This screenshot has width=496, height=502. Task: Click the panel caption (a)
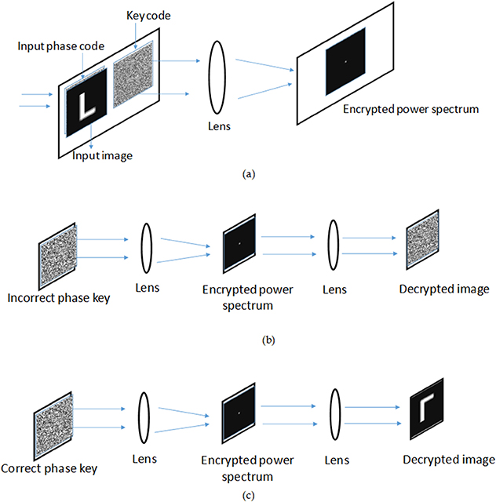pos(249,174)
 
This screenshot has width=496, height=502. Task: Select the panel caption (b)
pos(249,340)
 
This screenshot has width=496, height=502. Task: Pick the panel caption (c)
pos(249,493)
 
